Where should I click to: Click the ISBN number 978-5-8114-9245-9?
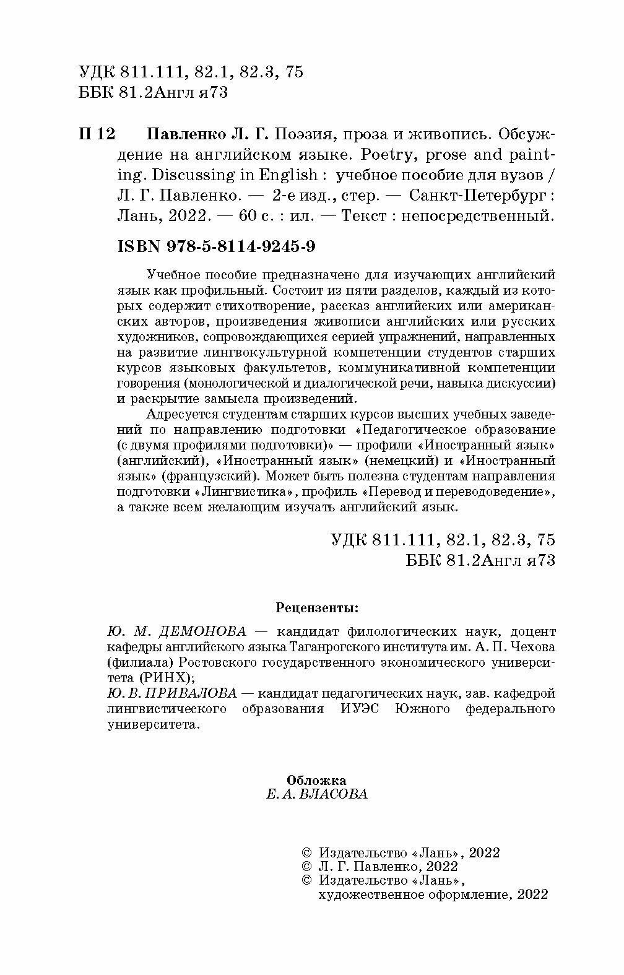[241, 246]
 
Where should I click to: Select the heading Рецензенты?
[316, 607]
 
